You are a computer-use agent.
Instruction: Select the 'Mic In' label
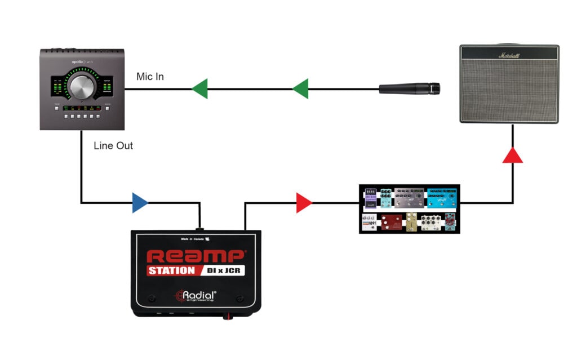click(150, 76)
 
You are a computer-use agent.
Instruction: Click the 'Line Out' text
click(114, 145)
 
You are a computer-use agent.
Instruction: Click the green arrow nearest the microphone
click(301, 88)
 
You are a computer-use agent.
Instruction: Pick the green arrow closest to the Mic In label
click(200, 88)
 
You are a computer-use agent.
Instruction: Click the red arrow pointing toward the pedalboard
click(304, 203)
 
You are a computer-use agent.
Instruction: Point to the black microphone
click(410, 88)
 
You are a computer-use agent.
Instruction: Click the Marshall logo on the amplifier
click(509, 55)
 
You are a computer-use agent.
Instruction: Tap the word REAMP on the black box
click(196, 256)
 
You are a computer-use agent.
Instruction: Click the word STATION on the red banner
click(171, 270)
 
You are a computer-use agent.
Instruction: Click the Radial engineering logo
click(196, 296)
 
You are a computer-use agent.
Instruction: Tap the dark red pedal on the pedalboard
click(390, 222)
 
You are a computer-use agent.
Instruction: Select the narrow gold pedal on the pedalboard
click(412, 222)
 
